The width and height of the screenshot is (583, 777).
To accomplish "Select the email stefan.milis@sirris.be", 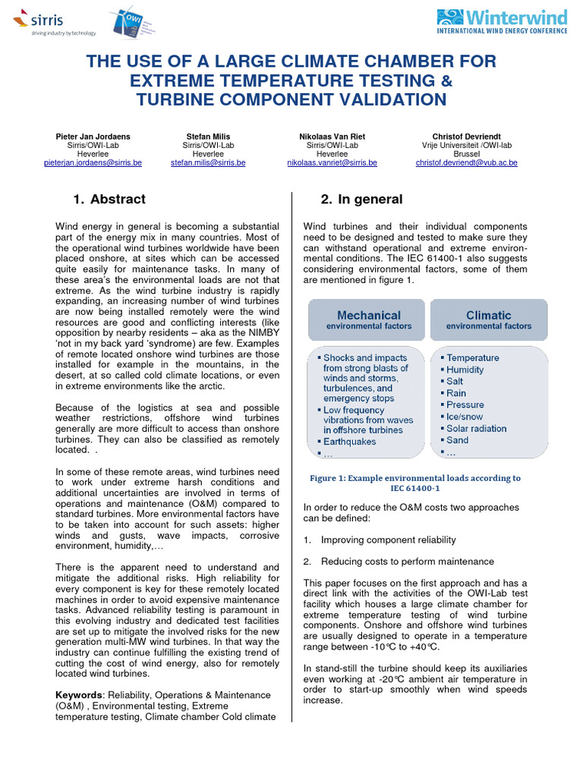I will coord(209,163).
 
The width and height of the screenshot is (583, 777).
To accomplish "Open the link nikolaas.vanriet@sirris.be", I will coord(332,163).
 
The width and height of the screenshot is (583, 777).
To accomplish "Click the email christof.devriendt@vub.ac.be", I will coord(467,163).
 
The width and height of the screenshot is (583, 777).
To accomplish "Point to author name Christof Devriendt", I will coord(467,137).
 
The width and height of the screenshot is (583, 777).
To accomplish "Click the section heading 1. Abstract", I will coord(109,200).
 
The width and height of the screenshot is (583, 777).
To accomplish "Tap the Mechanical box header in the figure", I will coord(368,319).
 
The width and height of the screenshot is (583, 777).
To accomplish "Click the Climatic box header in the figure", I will coord(488,319).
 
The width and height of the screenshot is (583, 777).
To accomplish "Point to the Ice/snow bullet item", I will coord(465,417).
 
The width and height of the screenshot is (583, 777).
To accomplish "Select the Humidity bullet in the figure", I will coord(465,370).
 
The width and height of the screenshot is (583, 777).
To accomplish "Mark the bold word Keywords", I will coord(80,695).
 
